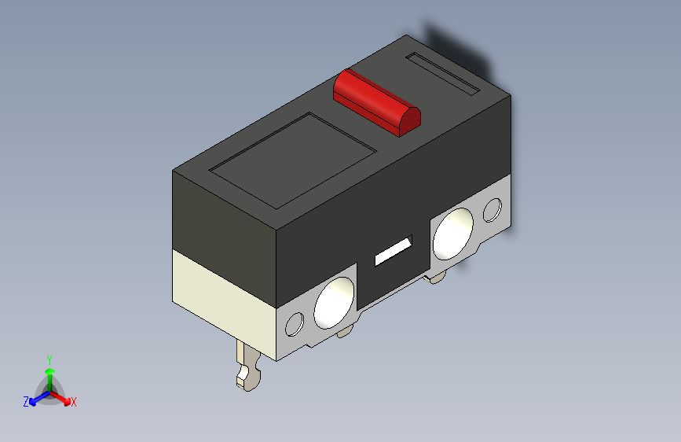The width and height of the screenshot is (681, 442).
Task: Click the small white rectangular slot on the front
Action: point(393,252)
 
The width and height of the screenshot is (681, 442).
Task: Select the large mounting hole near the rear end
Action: point(453,234)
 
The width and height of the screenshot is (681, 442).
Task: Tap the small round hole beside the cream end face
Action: point(296,324)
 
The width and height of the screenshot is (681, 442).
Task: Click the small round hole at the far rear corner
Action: point(492,210)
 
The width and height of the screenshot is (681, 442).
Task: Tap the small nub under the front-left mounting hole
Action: point(343,333)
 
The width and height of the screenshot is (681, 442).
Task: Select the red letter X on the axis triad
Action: point(74,402)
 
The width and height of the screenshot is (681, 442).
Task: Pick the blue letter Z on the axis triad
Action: point(26,401)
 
